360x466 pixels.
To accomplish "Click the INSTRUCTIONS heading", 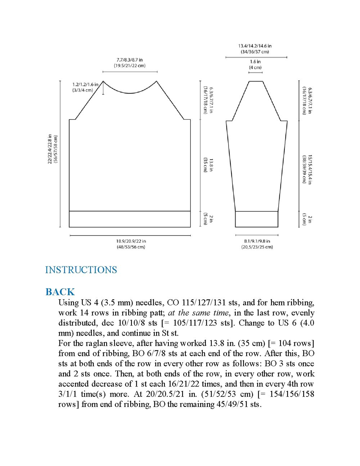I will point(81,270).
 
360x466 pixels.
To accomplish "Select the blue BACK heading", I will point(60,292).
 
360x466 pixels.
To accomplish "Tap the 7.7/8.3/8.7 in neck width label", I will point(130,60).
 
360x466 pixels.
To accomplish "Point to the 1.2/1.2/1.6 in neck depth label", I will point(85,85).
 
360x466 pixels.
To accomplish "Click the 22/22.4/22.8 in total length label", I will point(50,149).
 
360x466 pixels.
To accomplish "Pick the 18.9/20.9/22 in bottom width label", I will point(131,241).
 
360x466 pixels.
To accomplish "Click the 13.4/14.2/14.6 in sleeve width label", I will point(255,46).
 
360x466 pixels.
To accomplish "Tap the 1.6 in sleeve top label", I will point(255,62).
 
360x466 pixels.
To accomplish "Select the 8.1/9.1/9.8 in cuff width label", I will point(257,241).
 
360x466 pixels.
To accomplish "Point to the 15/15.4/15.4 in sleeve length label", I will point(310,169).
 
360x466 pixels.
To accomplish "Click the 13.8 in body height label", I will point(211,165).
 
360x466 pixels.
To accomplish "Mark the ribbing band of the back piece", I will point(130,219).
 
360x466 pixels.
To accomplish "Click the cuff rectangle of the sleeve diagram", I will point(257,219).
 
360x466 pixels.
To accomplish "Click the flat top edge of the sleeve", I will point(256,81).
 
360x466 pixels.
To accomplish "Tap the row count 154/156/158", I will point(292,394).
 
